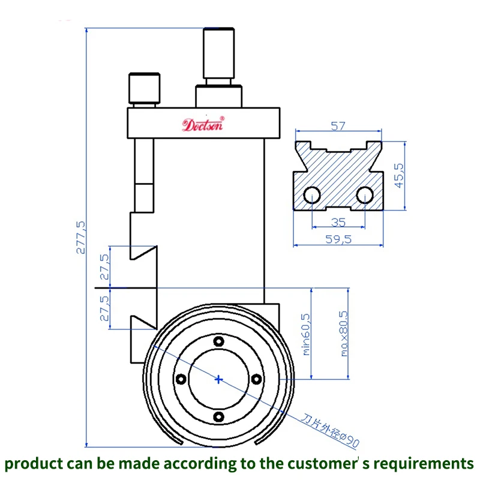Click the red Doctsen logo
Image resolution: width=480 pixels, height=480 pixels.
click(x=203, y=125)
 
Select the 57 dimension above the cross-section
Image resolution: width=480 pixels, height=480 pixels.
click(x=338, y=126)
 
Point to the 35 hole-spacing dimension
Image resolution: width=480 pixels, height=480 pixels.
click(x=338, y=222)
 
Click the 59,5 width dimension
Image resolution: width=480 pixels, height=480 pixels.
click(x=338, y=239)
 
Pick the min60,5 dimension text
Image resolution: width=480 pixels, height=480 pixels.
click(x=306, y=334)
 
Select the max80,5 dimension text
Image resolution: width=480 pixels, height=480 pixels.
click(x=344, y=334)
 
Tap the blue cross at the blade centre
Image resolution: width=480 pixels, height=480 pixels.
click(x=218, y=379)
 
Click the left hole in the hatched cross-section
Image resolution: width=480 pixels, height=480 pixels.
click(x=311, y=195)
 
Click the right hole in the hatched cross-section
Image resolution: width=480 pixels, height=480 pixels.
click(x=364, y=195)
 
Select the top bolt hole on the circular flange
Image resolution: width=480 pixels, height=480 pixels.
click(x=218, y=341)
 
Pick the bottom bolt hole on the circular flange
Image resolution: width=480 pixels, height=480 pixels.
click(x=218, y=416)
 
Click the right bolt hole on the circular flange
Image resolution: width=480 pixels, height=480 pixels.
click(x=256, y=379)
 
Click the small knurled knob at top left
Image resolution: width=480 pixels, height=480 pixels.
click(x=145, y=88)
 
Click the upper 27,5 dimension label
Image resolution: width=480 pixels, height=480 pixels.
click(x=104, y=266)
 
